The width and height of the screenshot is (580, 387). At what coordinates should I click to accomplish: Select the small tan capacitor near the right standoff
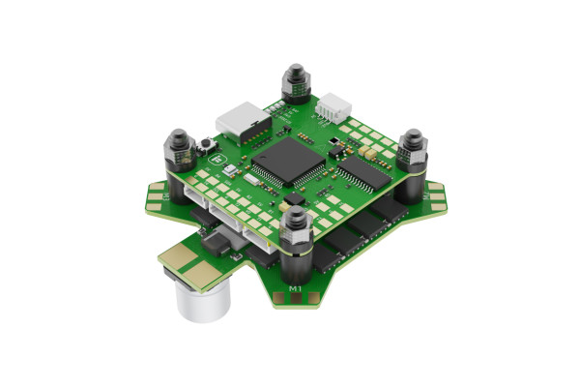[370, 152]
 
